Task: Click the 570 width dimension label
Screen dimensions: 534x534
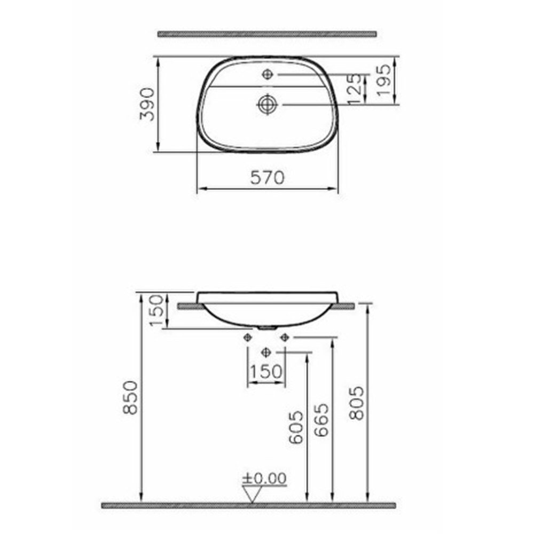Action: pos(268,177)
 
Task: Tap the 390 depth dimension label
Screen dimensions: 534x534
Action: pos(147,104)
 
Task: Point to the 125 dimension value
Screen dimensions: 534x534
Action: pos(354,88)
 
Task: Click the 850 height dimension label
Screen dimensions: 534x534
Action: pos(130,397)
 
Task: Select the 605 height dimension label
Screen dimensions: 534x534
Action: pos(296,427)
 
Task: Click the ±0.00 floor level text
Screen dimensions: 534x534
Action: pos(265,478)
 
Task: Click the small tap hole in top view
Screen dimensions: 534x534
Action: pos(268,75)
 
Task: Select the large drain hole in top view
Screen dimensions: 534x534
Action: pos(266,104)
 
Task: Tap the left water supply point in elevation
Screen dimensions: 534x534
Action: pos(247,337)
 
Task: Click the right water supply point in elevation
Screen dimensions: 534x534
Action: pos(285,337)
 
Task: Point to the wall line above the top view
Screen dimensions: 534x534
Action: pos(267,34)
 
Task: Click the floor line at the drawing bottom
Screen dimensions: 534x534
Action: pos(248,505)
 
